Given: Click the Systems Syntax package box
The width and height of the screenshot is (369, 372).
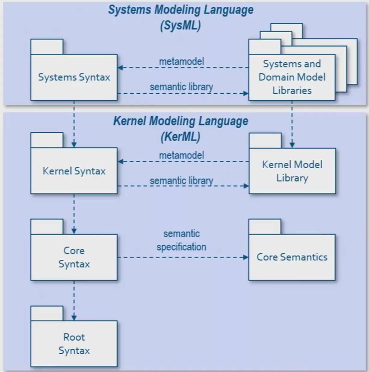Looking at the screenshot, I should (x=74, y=77).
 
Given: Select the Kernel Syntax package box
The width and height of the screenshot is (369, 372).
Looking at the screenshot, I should (x=74, y=171).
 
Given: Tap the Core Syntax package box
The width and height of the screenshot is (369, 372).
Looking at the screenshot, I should (x=74, y=257).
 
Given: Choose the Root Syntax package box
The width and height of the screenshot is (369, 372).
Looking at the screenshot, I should (x=74, y=344).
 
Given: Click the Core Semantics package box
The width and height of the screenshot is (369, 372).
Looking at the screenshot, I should (x=292, y=257).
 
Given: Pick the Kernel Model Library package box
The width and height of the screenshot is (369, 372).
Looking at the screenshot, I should (x=292, y=171).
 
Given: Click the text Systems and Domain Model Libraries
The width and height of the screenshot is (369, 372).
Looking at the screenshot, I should (x=292, y=77).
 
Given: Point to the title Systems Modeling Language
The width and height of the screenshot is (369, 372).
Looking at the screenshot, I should (x=181, y=10).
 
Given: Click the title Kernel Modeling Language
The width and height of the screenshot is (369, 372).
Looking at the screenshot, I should (x=181, y=121).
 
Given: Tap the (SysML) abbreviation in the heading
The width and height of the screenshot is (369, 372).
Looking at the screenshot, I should (x=180, y=25).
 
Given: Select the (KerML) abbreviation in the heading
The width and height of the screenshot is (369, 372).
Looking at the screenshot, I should (x=180, y=137).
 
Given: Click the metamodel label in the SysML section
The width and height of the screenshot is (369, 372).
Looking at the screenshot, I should (x=181, y=61).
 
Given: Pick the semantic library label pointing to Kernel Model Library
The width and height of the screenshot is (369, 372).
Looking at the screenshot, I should (x=181, y=181).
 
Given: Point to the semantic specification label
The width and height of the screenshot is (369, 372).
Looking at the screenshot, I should (x=181, y=240).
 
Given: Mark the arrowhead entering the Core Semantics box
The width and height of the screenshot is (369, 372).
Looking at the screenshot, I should (x=246, y=257).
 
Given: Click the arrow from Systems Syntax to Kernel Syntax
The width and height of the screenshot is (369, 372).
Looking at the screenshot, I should (x=74, y=123).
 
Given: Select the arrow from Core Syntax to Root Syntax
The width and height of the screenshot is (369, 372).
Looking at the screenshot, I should (x=74, y=300).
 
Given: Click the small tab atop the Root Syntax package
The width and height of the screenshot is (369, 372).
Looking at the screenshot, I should (x=47, y=313).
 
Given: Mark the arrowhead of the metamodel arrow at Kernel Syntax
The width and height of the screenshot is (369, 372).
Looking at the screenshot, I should (x=121, y=162).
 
